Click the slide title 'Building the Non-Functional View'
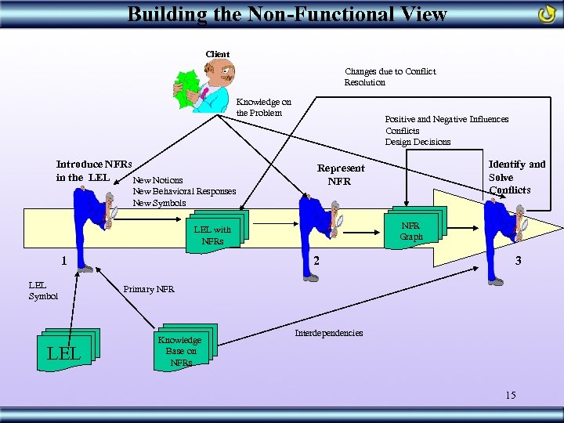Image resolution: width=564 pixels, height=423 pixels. tap(287, 13)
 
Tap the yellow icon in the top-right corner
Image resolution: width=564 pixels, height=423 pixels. tap(547, 14)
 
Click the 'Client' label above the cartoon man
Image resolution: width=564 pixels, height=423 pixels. tap(217, 54)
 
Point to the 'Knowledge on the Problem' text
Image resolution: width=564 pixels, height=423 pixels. tap(264, 107)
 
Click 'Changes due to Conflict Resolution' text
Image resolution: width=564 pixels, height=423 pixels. tap(389, 77)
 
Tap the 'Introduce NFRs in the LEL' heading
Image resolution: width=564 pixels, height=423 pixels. tap(93, 170)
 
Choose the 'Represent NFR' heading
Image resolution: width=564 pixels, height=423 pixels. tap(340, 175)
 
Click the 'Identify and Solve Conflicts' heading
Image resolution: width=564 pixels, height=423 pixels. tap(516, 176)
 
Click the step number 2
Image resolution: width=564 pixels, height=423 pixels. tap(316, 261)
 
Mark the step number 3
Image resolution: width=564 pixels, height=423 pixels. tap(517, 261)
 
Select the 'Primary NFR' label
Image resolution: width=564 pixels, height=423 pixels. tap(149, 290)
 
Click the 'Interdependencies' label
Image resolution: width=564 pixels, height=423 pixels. tap(328, 333)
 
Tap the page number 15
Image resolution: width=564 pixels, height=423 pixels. tap(510, 395)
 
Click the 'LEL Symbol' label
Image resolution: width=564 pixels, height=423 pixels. tap(43, 291)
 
